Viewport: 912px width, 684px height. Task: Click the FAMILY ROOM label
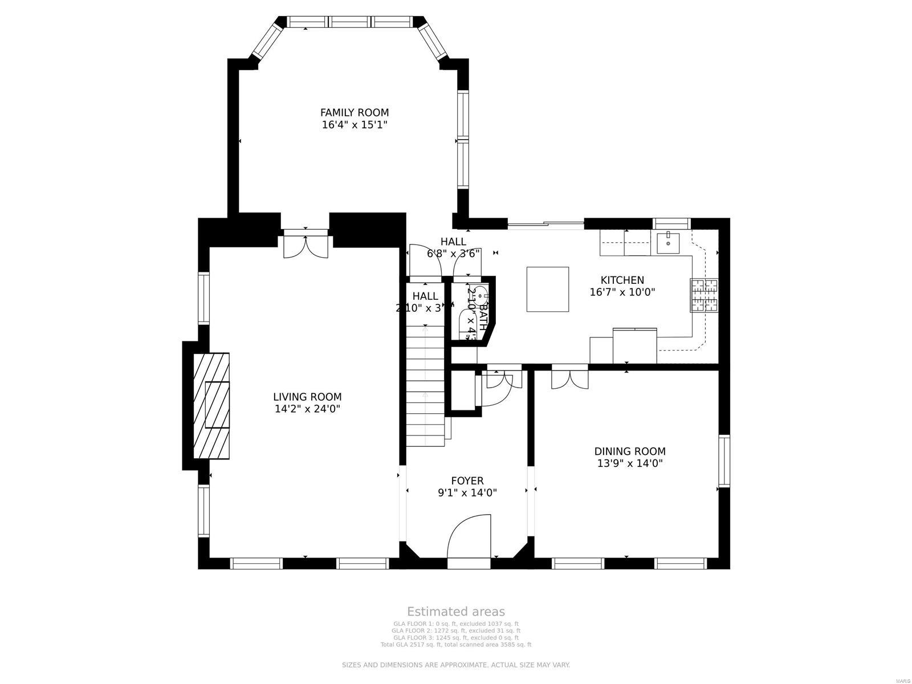tap(354, 113)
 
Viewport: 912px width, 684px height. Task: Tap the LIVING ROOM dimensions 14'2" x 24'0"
tap(307, 409)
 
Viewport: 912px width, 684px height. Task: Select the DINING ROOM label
tap(630, 451)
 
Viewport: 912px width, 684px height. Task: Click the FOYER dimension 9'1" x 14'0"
tap(467, 492)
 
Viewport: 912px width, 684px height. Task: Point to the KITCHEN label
tap(622, 280)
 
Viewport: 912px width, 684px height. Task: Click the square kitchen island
tap(547, 289)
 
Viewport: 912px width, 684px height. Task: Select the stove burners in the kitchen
tap(705, 295)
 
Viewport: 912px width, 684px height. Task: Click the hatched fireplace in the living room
tap(211, 406)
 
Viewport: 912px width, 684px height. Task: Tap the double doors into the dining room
tap(569, 379)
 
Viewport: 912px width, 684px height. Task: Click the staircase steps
tap(425, 388)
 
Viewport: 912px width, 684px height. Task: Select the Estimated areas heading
tap(455, 612)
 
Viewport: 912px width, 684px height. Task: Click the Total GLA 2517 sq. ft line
tap(455, 645)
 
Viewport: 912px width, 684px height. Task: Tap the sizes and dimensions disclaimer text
tap(455, 665)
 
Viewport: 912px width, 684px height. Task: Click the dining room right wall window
tap(724, 461)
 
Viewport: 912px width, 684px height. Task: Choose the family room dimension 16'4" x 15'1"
tap(354, 125)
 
